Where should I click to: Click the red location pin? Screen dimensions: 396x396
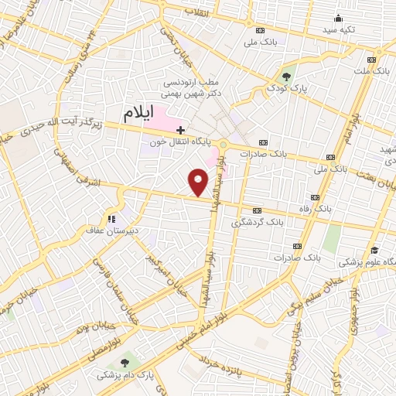tap(199, 183)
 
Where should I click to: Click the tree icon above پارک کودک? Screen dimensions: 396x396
tap(287, 76)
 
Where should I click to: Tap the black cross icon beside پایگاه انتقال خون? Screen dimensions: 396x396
tap(180, 129)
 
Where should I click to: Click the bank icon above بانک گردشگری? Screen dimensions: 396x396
tap(256, 210)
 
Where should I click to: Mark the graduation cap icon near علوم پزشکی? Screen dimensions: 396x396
tap(374, 250)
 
